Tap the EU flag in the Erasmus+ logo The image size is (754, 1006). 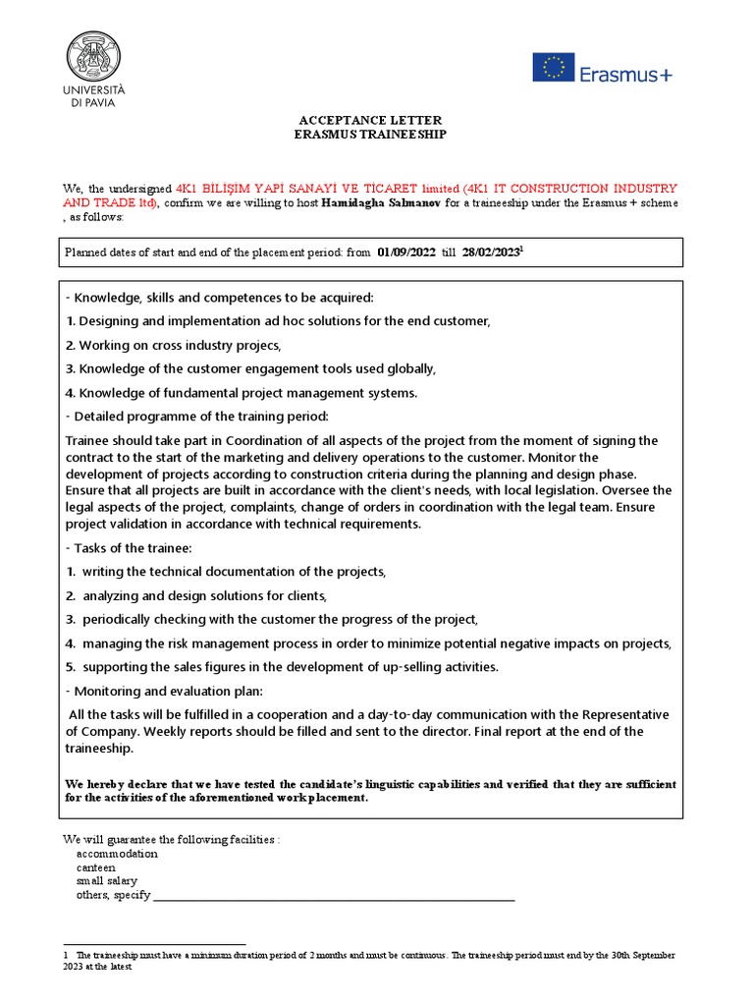[554, 68]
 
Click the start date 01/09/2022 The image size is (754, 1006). [407, 252]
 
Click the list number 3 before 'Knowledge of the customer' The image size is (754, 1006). [70, 368]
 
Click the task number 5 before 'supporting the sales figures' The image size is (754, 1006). [71, 667]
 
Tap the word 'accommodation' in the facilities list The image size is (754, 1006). [116, 854]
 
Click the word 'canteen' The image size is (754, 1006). [95, 867]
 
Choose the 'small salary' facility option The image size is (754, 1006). [106, 881]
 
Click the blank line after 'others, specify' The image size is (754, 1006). [334, 895]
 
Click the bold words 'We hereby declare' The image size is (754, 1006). [115, 784]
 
